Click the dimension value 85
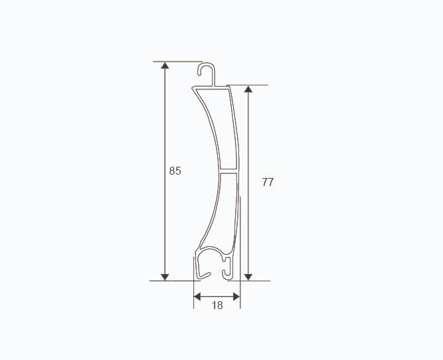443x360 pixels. (x=175, y=171)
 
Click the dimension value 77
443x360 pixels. (x=268, y=182)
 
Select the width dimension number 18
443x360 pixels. (x=217, y=305)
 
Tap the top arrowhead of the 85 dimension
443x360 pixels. (x=165, y=66)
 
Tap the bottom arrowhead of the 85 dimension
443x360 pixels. (x=165, y=276)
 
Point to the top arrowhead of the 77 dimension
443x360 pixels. (x=248, y=89)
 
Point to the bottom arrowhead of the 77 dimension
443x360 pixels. (x=248, y=276)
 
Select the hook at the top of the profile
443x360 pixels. (x=208, y=70)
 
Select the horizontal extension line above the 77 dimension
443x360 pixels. (x=255, y=85)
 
